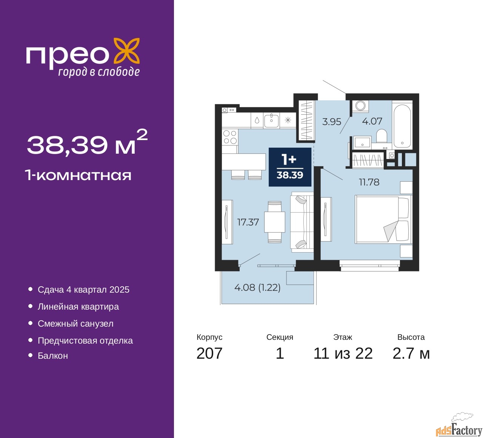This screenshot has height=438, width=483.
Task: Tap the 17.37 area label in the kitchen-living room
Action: (x=248, y=222)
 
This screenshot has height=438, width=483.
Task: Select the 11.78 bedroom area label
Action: (x=369, y=182)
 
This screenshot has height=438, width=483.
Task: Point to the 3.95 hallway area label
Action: (x=332, y=122)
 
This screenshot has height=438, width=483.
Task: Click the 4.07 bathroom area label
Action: (x=372, y=121)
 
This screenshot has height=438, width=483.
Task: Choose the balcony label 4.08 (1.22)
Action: (x=257, y=287)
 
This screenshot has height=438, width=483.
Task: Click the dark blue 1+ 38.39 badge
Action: (x=290, y=167)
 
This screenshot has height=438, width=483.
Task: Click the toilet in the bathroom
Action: (x=381, y=137)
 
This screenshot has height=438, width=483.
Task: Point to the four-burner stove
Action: (x=230, y=137)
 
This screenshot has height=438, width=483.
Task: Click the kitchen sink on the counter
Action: (x=271, y=121)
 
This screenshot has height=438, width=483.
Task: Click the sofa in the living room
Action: (x=302, y=222)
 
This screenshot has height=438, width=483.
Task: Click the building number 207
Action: (x=209, y=353)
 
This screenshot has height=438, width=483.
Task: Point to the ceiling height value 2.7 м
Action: (x=411, y=353)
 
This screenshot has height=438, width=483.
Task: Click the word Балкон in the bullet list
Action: (x=53, y=356)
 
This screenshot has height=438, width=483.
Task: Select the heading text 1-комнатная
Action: (x=78, y=176)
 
